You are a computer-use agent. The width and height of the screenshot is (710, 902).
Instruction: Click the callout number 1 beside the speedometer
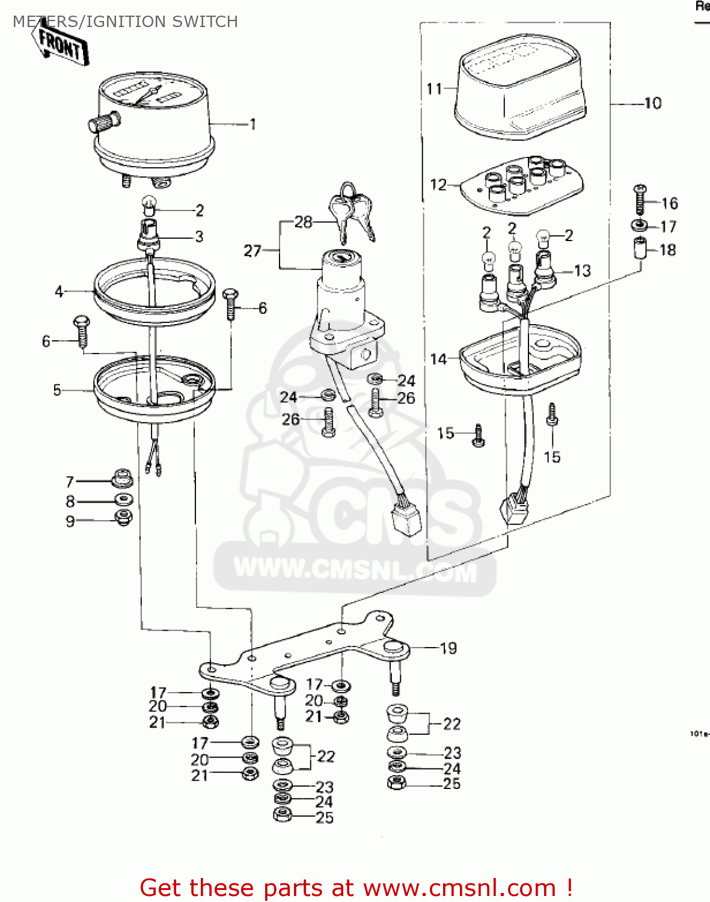[x=253, y=124]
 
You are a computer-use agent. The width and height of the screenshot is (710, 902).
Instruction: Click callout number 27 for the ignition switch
[x=252, y=251]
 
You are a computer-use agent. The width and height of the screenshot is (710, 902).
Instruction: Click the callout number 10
[x=652, y=103]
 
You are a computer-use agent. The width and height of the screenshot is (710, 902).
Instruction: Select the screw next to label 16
[x=640, y=200]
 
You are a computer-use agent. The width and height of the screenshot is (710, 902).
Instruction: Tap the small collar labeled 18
[x=640, y=248]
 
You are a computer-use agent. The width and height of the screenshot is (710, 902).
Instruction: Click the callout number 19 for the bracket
[x=448, y=648]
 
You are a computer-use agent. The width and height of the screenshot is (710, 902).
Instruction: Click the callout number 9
[x=70, y=521]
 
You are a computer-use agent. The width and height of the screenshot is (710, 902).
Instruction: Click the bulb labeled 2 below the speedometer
[x=148, y=206]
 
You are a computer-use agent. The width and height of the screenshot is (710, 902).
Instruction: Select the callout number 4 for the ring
[x=59, y=292]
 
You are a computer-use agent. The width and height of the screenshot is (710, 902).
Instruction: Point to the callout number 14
[x=438, y=359]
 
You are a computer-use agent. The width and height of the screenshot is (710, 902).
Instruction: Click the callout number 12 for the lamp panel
[x=438, y=185]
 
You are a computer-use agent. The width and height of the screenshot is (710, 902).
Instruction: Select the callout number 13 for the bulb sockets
[x=582, y=271]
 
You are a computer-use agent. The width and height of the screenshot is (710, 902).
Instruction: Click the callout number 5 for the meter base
[x=57, y=390]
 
